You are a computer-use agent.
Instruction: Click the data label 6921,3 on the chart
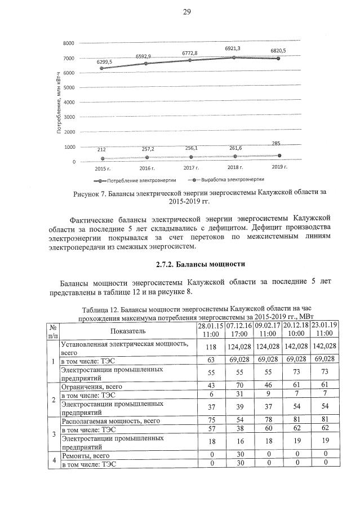(233, 49)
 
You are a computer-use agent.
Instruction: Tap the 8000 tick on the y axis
(69, 43)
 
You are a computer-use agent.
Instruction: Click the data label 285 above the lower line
(276, 144)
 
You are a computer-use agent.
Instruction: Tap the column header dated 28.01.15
(210, 330)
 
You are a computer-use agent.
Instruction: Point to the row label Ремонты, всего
(85, 455)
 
